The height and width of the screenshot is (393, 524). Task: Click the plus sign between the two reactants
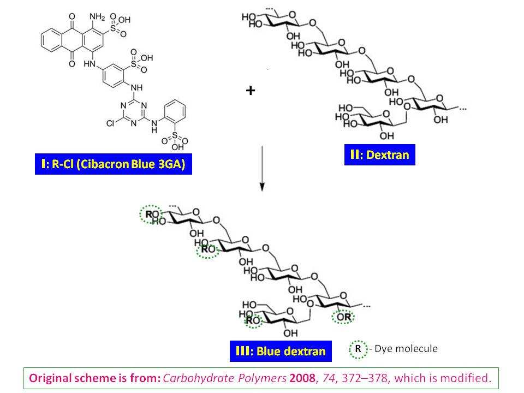(x=250, y=91)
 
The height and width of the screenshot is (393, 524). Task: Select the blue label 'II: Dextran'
(x=379, y=155)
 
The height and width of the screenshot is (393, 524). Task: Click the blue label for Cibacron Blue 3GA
(x=114, y=164)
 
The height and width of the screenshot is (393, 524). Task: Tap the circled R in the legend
(x=358, y=348)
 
